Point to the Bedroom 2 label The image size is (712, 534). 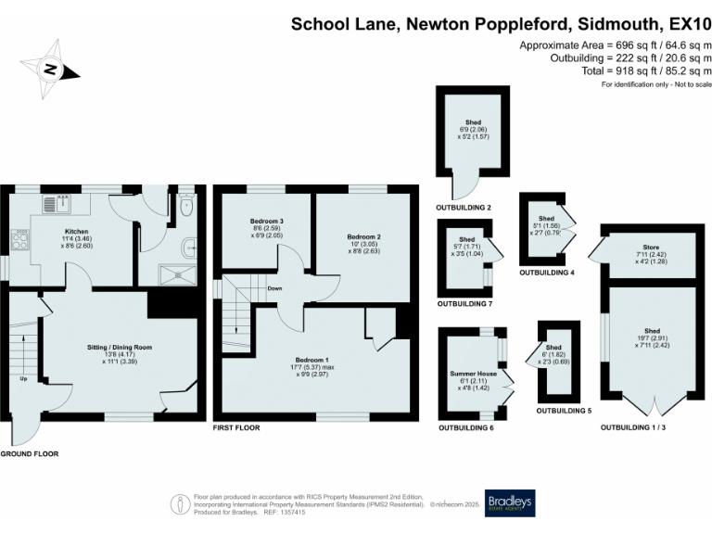(364, 237)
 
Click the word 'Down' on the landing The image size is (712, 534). (274, 288)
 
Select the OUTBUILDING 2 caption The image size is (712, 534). (464, 208)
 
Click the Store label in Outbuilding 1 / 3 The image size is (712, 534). (652, 248)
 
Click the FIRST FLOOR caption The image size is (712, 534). (236, 428)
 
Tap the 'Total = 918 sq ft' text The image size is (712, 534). (631, 70)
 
